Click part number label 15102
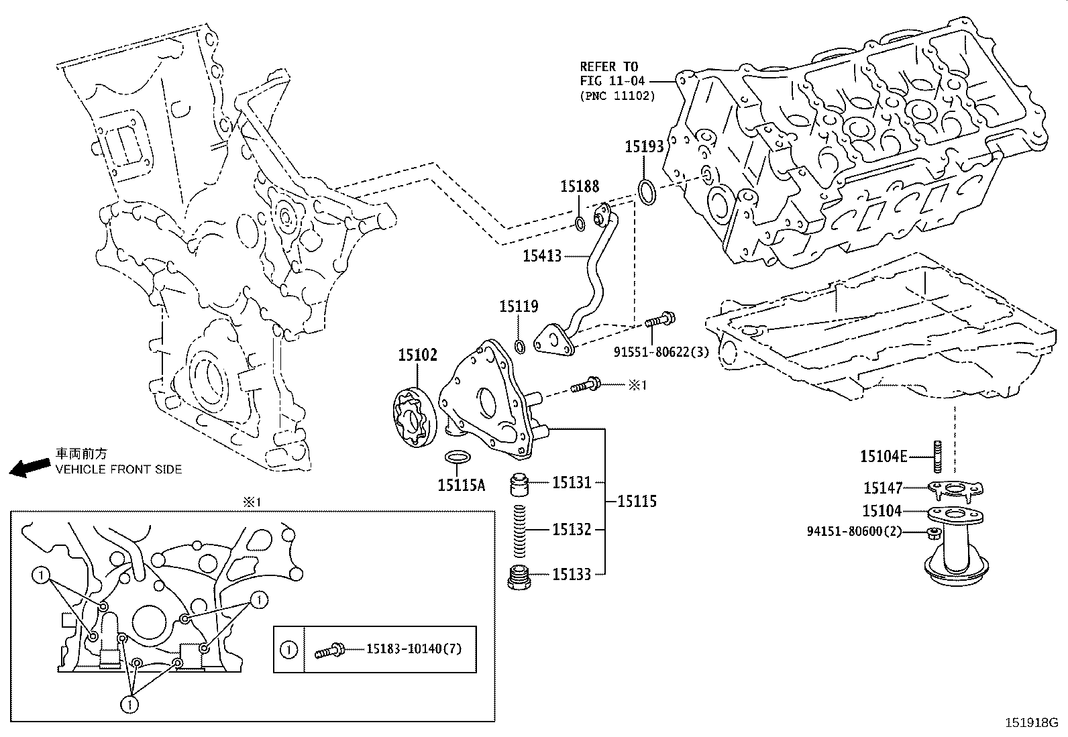point(417,355)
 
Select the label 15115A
point(461,485)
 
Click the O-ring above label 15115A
point(458,457)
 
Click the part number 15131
point(572,482)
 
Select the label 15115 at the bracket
point(637,501)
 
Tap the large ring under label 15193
point(646,192)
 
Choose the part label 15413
point(542,256)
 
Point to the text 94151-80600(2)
point(854,532)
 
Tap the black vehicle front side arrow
point(29,467)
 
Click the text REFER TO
point(609,66)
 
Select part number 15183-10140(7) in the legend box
point(414,648)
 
